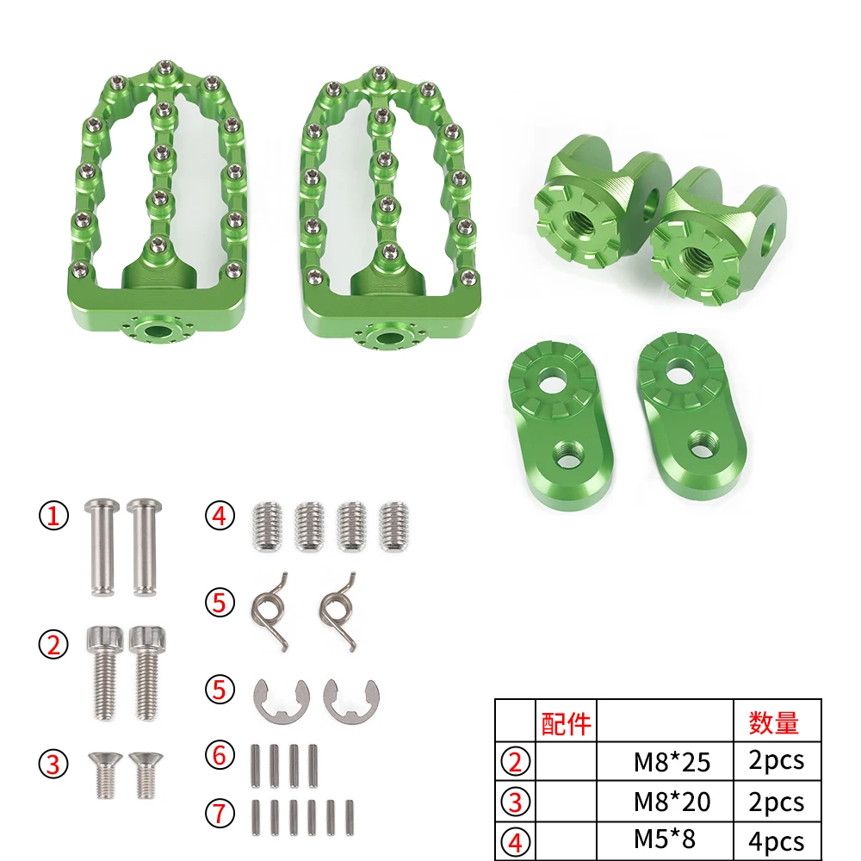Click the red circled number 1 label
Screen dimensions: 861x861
pos(53,517)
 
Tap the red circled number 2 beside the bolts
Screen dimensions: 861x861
pos(53,645)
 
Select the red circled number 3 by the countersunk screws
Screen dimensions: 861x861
pos(53,762)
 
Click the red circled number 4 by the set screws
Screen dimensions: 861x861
pos(220,517)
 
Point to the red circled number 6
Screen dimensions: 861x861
pos(220,755)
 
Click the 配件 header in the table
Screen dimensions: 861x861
pos(566,723)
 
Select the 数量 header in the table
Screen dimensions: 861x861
pos(774,722)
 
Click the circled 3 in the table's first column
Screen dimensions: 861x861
pos(516,802)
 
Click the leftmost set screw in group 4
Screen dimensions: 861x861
pos(266,526)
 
